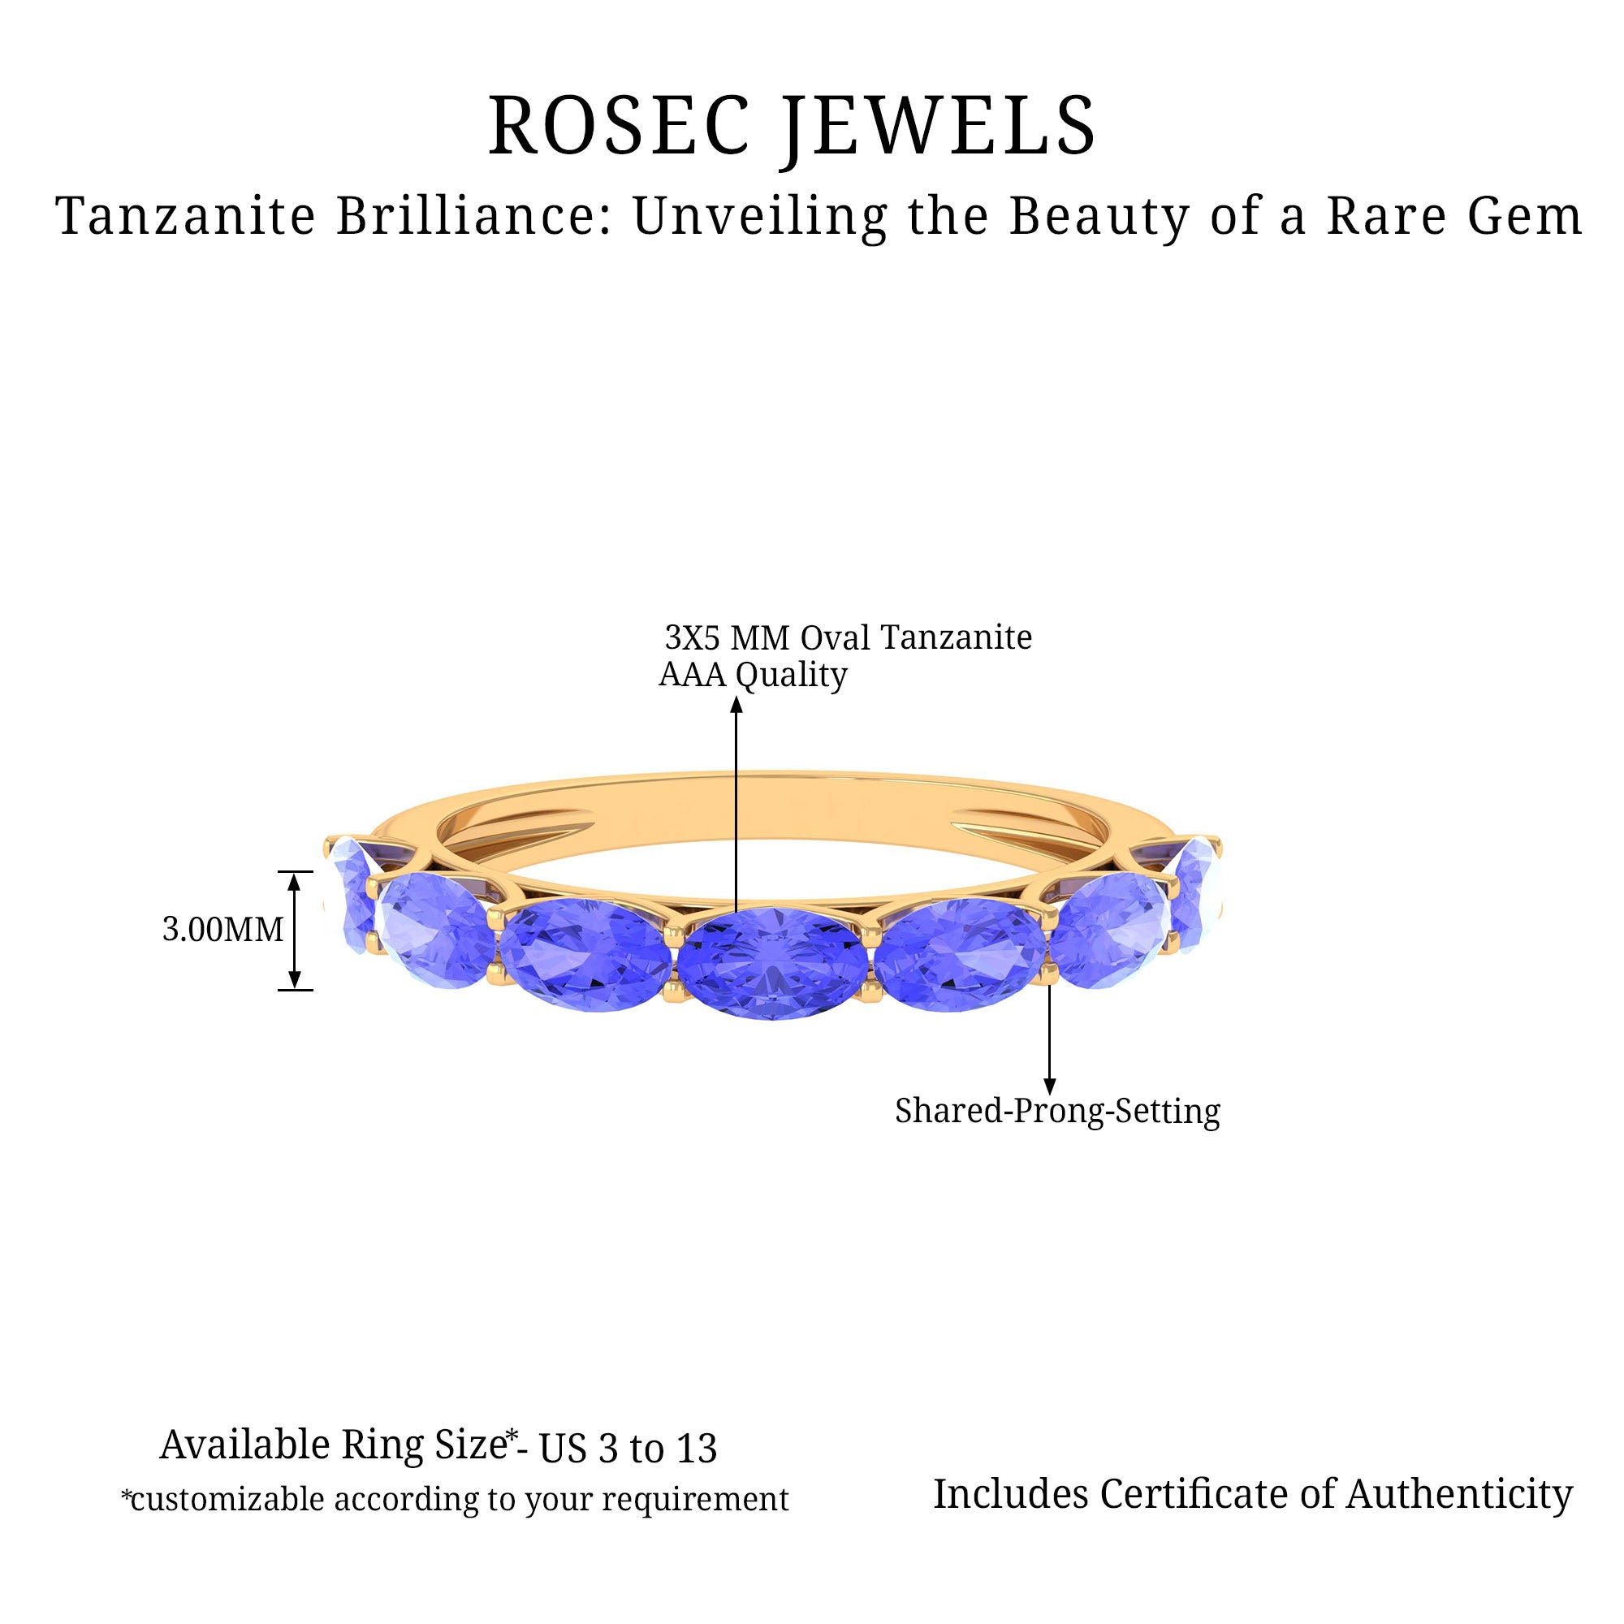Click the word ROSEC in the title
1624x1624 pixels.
pos(620,125)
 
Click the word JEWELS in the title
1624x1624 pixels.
pos(940,128)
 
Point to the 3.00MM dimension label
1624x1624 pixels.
pos(222,930)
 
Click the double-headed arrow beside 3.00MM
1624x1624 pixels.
pos(295,931)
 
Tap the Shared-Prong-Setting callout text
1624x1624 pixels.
pos(1057,1112)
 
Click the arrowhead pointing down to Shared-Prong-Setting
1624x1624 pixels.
pos(1049,1087)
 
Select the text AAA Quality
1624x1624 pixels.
pos(754,675)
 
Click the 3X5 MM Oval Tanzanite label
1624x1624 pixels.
pos(849,638)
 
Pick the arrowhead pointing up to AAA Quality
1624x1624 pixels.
pos(736,703)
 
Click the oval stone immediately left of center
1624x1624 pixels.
pos(587,956)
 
